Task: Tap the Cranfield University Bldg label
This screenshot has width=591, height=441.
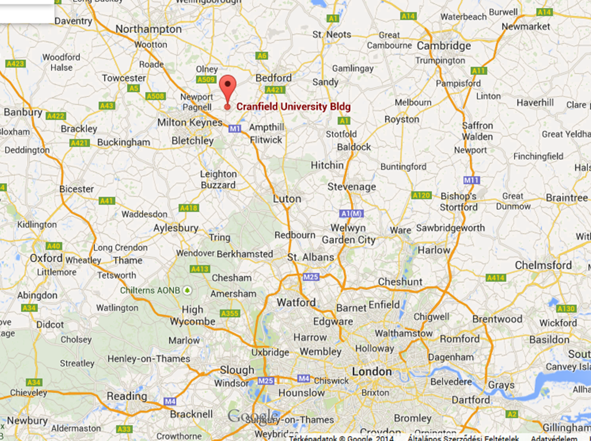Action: point(293,107)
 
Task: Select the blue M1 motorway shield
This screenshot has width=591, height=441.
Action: point(234,129)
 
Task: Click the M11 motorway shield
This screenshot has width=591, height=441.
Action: point(471,180)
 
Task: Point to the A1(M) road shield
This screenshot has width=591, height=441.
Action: point(352,214)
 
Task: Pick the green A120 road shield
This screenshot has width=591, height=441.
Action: point(421,195)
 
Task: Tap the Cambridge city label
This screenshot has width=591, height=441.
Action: point(444,46)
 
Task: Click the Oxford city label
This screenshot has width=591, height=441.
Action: point(46,258)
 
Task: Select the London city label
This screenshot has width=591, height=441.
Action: point(372,372)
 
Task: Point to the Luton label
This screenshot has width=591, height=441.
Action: point(287,199)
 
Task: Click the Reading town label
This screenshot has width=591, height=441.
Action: point(127,396)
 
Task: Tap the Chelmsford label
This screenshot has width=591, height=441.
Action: point(543,265)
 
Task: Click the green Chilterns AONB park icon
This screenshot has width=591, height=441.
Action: point(188,290)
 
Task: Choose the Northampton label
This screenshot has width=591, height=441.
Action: point(148,29)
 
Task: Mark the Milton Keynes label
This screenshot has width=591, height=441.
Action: point(190,122)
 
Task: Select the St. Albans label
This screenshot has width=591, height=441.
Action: point(311,258)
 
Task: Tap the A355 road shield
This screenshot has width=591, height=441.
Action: point(230,314)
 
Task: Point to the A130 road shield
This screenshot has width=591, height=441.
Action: point(566,309)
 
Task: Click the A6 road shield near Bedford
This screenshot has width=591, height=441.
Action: point(262,56)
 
